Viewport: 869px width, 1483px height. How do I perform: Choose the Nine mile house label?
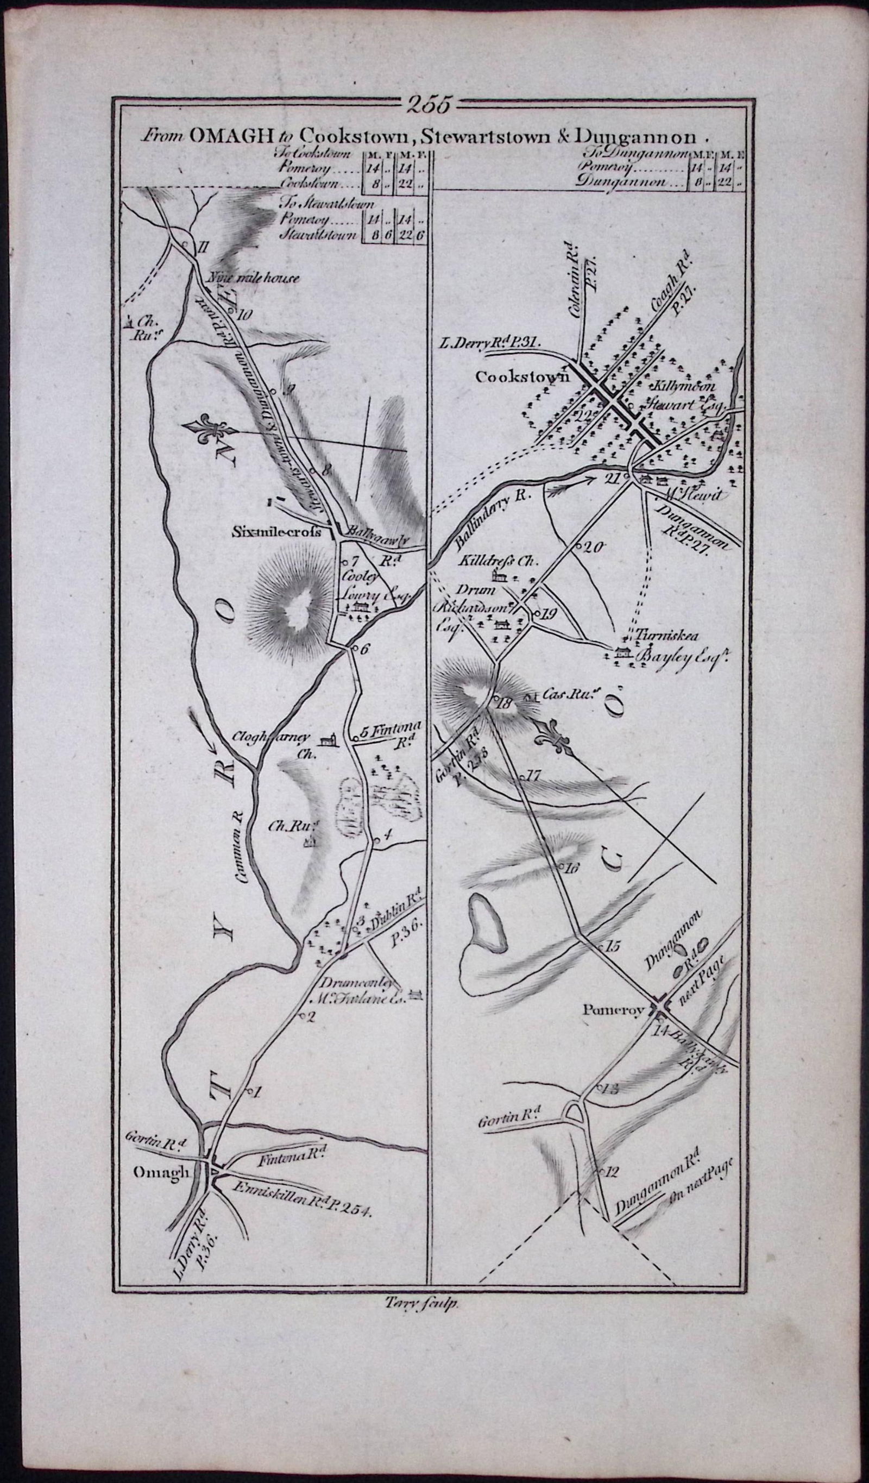pos(253,278)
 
